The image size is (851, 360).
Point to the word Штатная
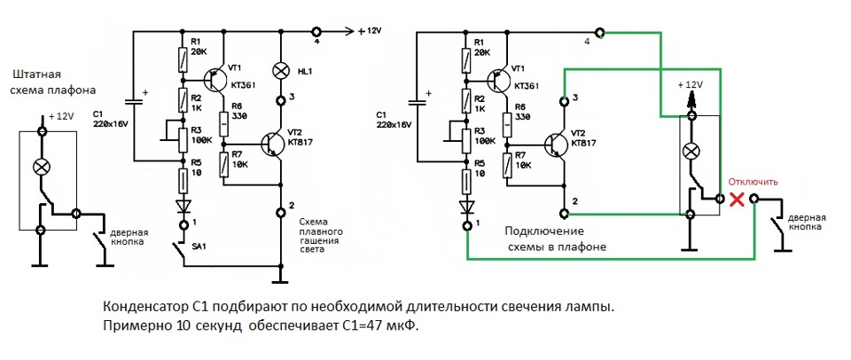click(36, 75)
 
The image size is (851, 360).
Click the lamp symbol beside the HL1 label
click(283, 69)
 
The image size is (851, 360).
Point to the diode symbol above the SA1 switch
click(183, 206)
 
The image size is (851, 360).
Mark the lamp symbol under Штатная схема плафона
click(40, 166)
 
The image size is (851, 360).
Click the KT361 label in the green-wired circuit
click(527, 85)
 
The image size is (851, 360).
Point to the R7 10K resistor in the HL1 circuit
click(224, 164)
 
